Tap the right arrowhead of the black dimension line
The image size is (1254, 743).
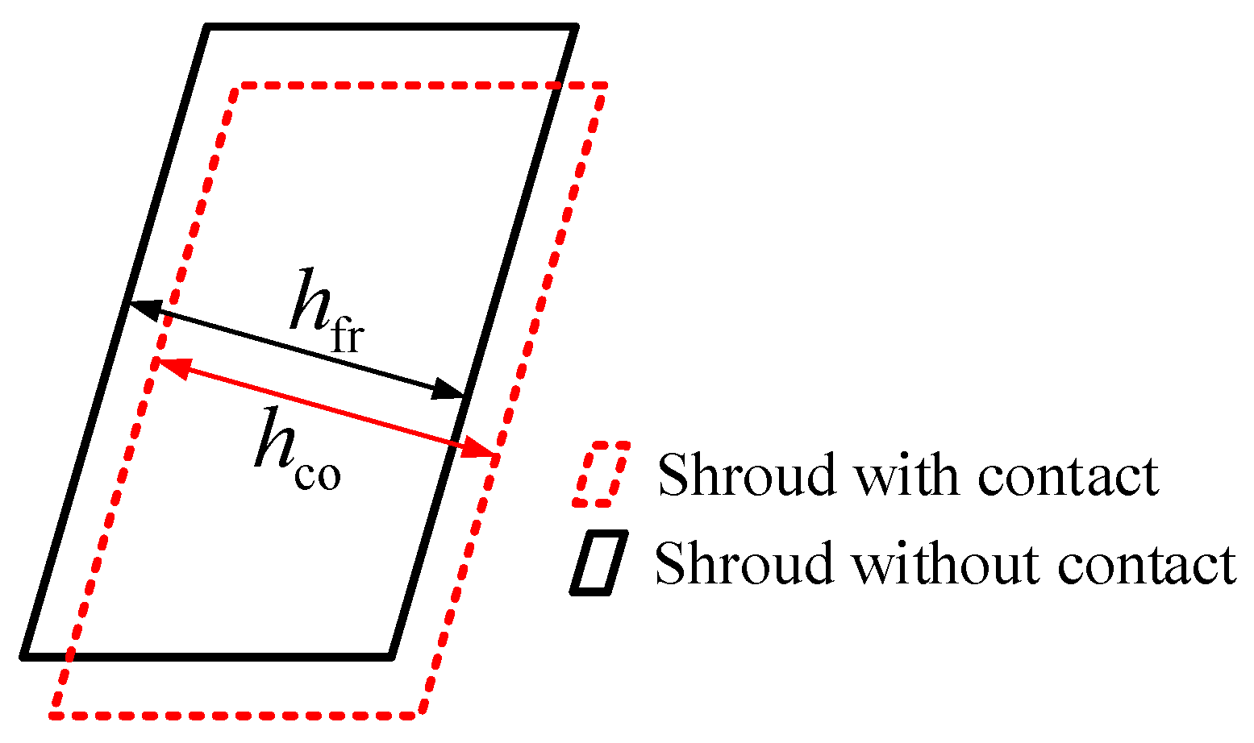click(x=449, y=391)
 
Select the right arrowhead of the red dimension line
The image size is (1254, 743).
click(x=480, y=452)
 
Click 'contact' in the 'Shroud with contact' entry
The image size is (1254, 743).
click(x=1068, y=475)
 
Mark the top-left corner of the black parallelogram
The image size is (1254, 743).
click(x=210, y=29)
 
